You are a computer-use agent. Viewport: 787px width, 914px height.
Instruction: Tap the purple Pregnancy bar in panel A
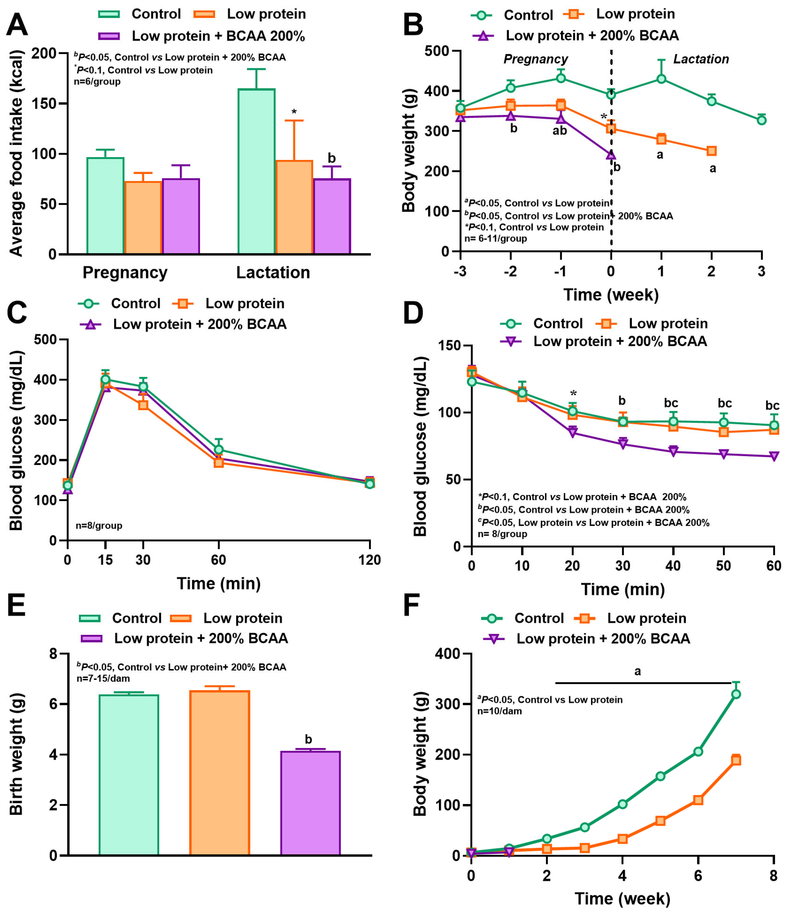point(181,216)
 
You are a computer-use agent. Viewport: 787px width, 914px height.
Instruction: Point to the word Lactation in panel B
point(701,59)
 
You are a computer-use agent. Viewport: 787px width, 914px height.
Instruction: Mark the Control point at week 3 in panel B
point(761,120)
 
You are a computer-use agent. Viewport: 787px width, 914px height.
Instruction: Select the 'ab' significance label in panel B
point(559,131)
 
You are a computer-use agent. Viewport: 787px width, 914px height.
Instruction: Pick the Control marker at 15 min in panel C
point(105,379)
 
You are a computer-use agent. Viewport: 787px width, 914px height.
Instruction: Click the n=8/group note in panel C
point(99,525)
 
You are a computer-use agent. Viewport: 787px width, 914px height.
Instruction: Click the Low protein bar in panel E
point(219,772)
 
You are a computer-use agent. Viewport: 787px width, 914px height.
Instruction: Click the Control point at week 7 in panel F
point(736,694)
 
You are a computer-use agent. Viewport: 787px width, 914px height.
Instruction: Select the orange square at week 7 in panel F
point(736,760)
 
